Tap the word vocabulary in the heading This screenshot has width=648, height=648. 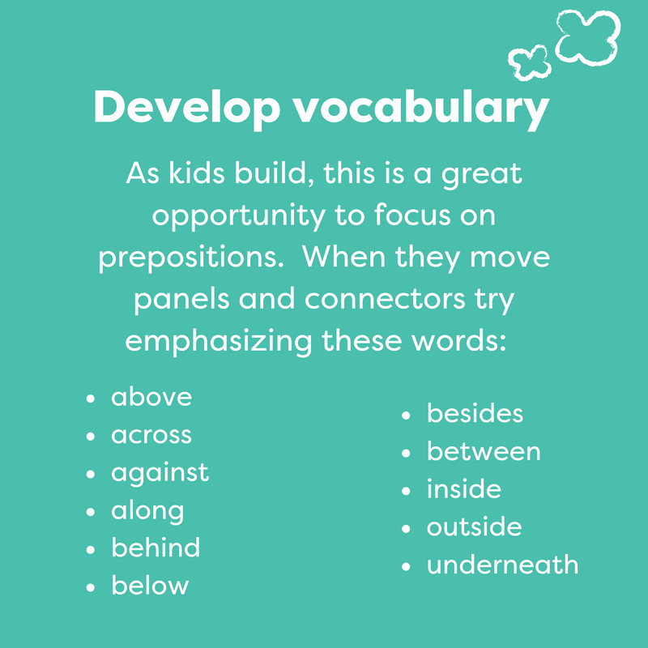421,109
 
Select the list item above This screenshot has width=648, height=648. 151,397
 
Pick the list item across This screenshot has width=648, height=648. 151,435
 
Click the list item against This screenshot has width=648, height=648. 160,474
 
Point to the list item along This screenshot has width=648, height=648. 147,512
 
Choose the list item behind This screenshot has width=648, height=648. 156,548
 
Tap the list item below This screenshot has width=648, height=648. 150,586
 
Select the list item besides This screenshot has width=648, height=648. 475,413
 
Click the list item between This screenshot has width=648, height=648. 484,451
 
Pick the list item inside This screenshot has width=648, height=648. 463,489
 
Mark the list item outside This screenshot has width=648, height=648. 475,527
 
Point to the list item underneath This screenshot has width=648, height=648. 502,565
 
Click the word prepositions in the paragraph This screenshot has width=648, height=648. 191,258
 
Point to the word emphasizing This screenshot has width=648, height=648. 219,341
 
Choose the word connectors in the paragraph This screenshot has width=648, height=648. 385,299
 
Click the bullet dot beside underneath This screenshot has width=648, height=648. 406,566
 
